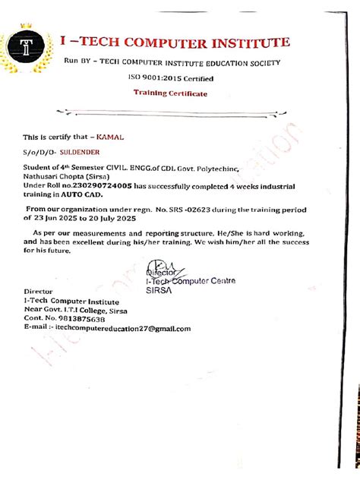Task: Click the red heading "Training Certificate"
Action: pos(170,93)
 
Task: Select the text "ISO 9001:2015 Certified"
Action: pos(170,78)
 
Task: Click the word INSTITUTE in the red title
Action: pos(243,43)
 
